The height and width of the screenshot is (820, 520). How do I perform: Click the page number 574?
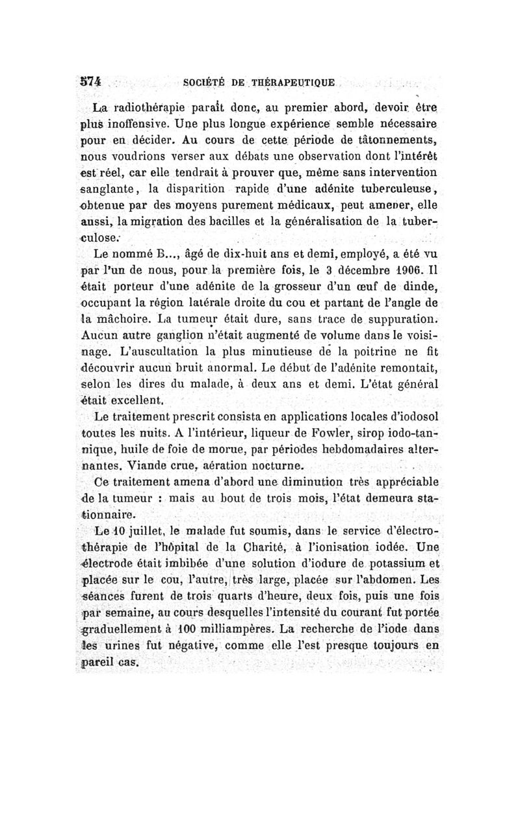point(88,83)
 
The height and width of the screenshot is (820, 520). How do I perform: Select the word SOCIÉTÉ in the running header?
point(205,83)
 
